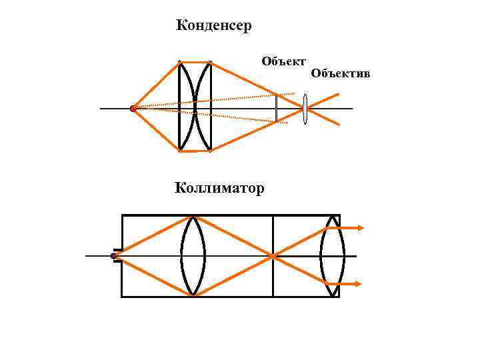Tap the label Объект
tap(283, 62)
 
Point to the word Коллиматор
tap(219, 188)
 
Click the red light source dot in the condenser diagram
tap(133, 108)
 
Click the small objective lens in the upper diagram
tap(305, 109)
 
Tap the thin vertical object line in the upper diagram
tap(276, 108)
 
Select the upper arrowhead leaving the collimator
tap(360, 228)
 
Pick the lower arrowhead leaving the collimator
tap(358, 284)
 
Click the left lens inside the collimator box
tap(193, 255)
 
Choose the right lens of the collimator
tap(332, 255)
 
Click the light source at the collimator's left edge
tap(114, 256)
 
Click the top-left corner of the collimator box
tap(122, 215)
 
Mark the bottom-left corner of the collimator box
tap(122, 296)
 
